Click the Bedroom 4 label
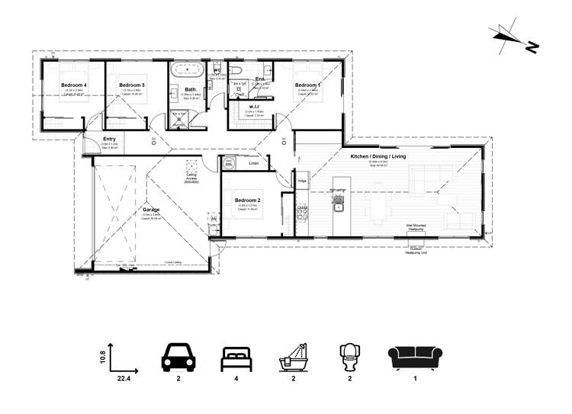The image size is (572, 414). [74, 85]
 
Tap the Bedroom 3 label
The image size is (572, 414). [131, 85]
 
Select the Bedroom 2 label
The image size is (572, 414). [248, 201]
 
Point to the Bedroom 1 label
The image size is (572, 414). [307, 85]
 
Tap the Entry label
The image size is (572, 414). [110, 139]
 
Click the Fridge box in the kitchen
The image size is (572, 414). [302, 181]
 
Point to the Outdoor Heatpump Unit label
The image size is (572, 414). [416, 250]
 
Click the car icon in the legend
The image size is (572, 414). [178, 358]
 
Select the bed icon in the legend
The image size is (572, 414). [235, 358]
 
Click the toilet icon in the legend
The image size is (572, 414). [349, 358]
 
